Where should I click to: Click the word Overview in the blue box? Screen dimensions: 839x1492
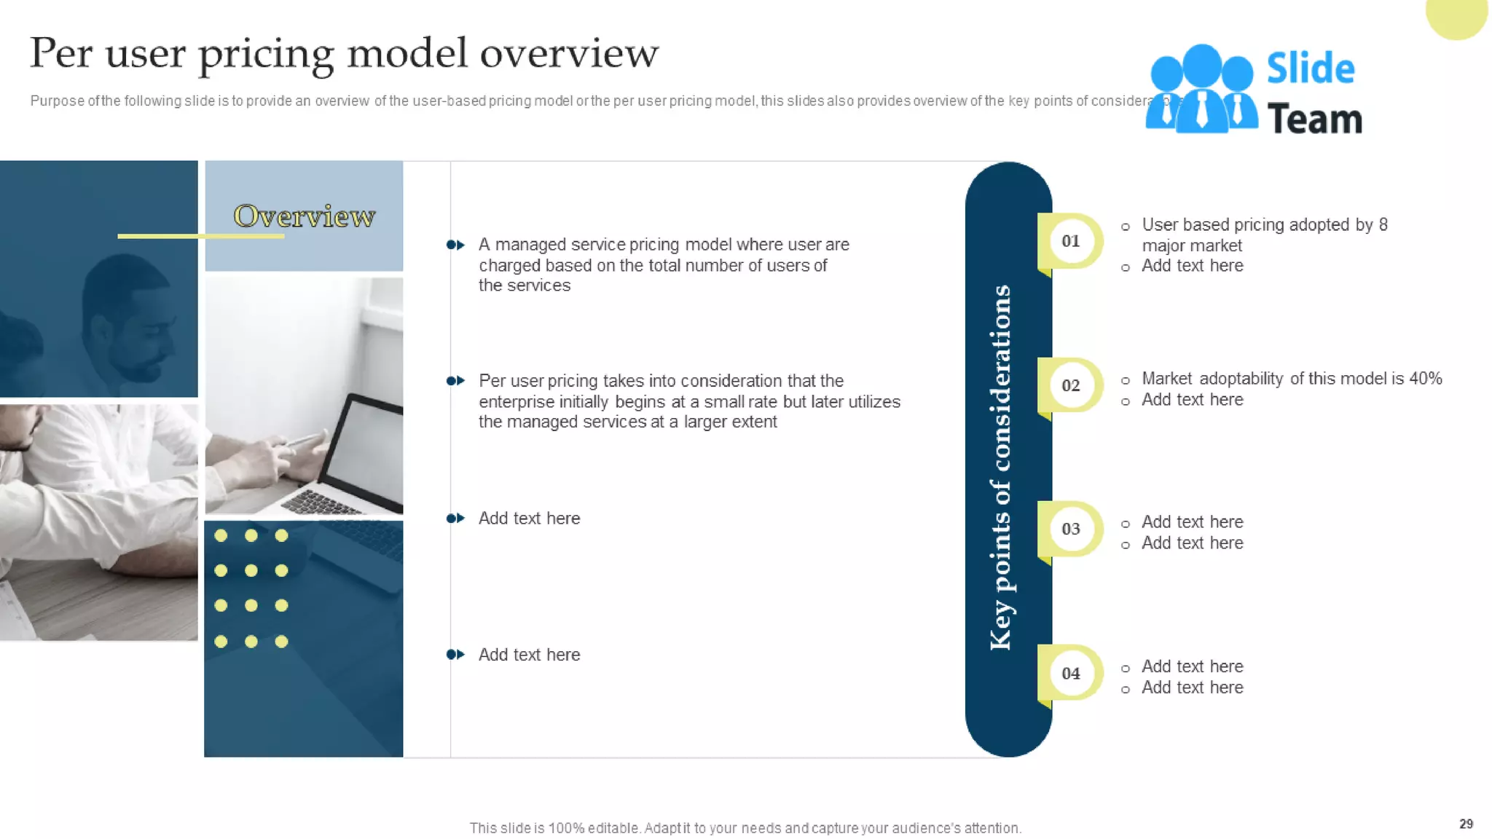coord(304,216)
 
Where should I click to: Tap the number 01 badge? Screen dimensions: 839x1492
coord(1070,241)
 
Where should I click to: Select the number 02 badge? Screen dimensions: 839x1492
coord(1070,385)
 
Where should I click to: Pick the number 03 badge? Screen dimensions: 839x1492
coord(1070,529)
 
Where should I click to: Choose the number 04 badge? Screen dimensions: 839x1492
coord(1070,673)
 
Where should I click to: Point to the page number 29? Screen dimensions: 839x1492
coord(1466,824)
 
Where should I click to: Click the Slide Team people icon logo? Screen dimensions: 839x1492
coord(1201,89)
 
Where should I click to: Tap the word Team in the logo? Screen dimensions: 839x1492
coord(1314,119)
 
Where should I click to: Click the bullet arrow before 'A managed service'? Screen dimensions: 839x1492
coord(455,245)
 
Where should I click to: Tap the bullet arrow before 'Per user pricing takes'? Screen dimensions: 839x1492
coord(455,381)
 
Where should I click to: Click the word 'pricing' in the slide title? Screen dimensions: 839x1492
coord(266,54)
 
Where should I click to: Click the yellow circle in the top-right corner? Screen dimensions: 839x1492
coord(1456,16)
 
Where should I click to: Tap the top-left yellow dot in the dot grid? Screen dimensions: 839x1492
coord(221,536)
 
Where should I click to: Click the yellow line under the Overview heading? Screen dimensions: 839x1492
coord(200,236)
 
